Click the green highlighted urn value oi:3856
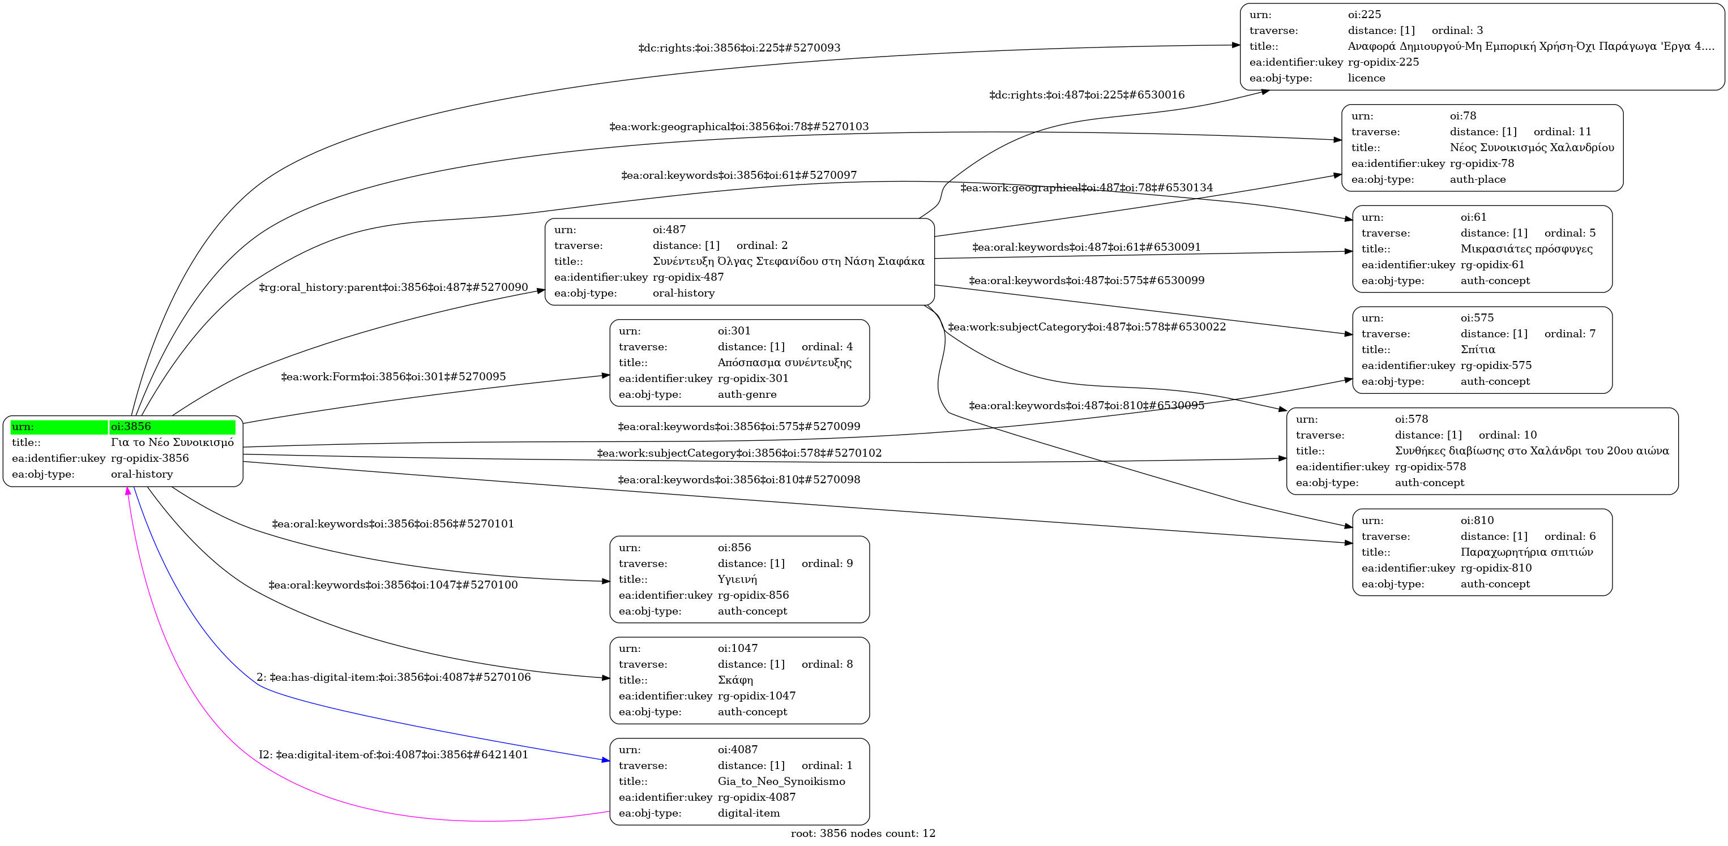pyautogui.click(x=131, y=426)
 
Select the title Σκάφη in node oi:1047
pyautogui.click(x=735, y=680)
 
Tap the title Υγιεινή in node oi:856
pyautogui.click(x=737, y=579)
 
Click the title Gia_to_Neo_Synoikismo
pyautogui.click(x=781, y=781)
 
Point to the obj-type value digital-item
pyautogui.click(x=748, y=813)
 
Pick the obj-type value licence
pyautogui.click(x=1366, y=78)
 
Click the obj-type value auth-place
pyautogui.click(x=1477, y=179)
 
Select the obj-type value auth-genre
pyautogui.click(x=747, y=394)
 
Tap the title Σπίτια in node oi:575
pyautogui.click(x=1478, y=349)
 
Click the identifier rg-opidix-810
pyautogui.click(x=1496, y=568)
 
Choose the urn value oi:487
pyautogui.click(x=669, y=229)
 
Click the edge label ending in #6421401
pyautogui.click(x=393, y=755)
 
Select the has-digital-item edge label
pyautogui.click(x=393, y=677)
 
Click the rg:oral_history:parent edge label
pyautogui.click(x=393, y=287)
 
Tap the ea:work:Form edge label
pyautogui.click(x=393, y=377)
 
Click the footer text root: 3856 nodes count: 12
pyautogui.click(x=863, y=833)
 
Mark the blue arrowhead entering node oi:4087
pyautogui.click(x=606, y=760)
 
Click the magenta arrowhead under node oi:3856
pyautogui.click(x=127, y=491)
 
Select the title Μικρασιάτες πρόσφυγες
pyautogui.click(x=1526, y=248)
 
